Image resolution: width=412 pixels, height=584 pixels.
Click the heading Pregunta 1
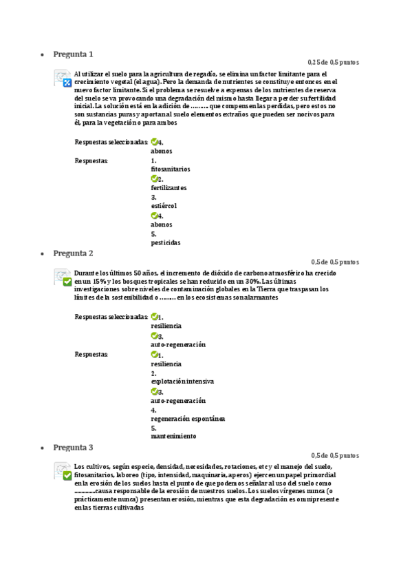click(x=73, y=54)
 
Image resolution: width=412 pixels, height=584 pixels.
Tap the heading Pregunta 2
click(x=73, y=253)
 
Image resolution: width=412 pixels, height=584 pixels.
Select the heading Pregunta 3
click(x=73, y=447)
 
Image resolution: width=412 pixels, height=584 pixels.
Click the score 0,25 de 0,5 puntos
click(x=333, y=62)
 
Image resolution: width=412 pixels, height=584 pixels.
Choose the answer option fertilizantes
click(x=169, y=187)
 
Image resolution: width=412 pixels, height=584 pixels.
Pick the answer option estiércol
click(x=164, y=206)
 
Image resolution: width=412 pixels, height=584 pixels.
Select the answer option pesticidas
click(x=166, y=242)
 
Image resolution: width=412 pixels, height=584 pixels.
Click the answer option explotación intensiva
click(x=182, y=381)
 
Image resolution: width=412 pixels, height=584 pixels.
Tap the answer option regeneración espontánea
click(x=188, y=418)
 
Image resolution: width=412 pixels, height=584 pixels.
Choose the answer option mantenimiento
click(x=173, y=436)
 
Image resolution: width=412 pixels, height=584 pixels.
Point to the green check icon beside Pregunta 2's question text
click(x=67, y=282)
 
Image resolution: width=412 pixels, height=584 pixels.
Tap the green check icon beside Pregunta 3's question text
click(x=67, y=475)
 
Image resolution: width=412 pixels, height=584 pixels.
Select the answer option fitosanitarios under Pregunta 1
click(x=171, y=169)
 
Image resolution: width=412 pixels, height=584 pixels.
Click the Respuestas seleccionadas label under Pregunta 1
click(x=111, y=142)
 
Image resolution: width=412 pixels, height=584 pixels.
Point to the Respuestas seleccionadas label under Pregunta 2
click(x=111, y=317)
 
